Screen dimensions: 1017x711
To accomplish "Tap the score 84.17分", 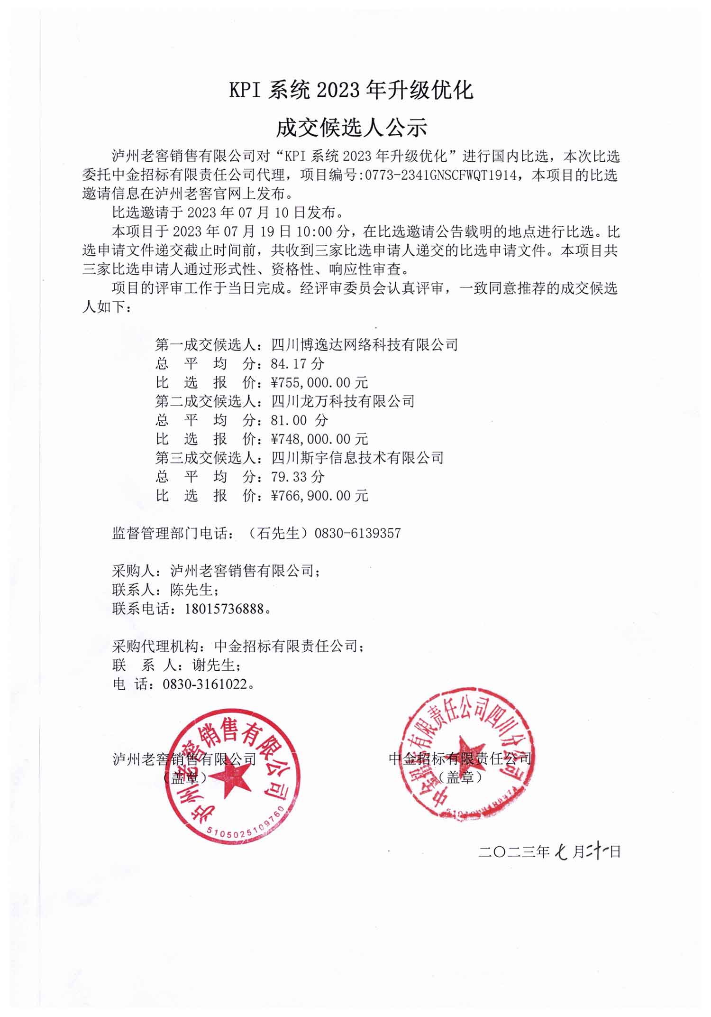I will click(298, 364).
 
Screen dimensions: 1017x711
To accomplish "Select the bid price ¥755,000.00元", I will click(319, 383).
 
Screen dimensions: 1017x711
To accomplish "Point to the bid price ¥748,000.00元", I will click(319, 439).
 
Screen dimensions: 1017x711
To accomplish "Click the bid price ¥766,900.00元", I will click(319, 496).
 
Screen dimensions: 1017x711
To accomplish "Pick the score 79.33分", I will click(298, 477).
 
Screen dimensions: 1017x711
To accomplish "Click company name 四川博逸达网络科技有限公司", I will click(365, 345).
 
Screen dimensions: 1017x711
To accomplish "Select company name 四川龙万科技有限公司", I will click(343, 401).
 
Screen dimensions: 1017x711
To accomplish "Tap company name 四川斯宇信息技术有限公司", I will click(357, 458).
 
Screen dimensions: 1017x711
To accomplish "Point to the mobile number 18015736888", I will click(224, 609).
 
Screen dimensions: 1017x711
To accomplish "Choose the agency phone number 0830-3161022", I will click(205, 684).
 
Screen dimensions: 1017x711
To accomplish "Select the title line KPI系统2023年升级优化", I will click(351, 90).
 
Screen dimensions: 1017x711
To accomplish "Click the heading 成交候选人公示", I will click(351, 127).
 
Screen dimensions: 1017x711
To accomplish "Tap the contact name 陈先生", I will click(192, 590).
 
